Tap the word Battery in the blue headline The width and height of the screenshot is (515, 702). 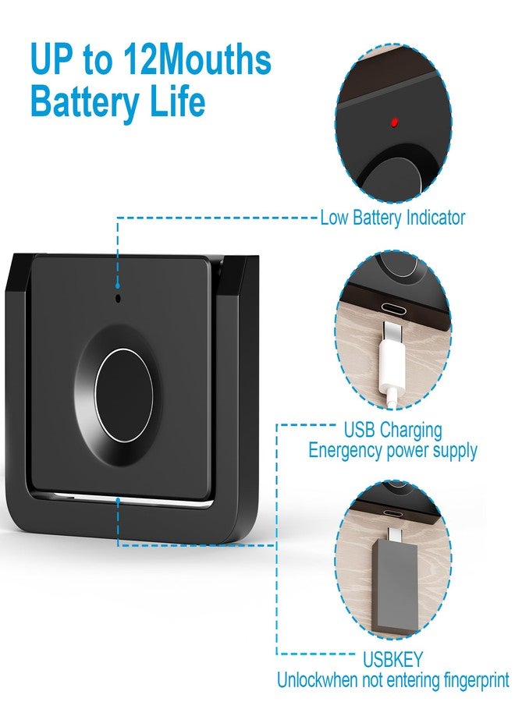point(84,101)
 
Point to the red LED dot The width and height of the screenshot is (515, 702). point(394,122)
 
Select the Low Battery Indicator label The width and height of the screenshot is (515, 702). point(392,218)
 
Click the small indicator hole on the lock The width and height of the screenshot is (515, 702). point(119,298)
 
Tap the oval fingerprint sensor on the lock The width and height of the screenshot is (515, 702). point(123,395)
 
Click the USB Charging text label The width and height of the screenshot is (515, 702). point(392,430)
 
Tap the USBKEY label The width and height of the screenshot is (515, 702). point(392,659)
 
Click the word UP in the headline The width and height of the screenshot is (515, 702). point(51,60)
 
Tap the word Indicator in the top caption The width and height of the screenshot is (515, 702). point(435,218)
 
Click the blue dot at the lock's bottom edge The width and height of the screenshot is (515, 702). point(118,499)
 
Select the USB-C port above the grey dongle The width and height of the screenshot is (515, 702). point(392,514)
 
